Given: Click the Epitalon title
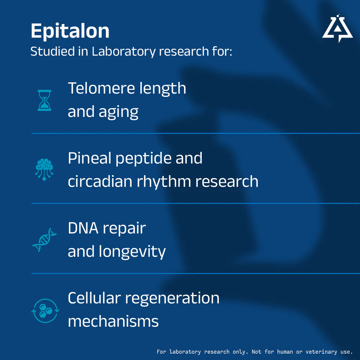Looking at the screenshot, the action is [x=70, y=31].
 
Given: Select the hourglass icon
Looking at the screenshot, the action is [x=45, y=100].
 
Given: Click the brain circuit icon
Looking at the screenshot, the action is [x=44, y=170].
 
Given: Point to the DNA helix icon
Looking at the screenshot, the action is [x=44, y=240].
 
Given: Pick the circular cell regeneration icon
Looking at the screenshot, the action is [x=45, y=311].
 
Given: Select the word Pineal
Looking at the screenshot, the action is [x=90, y=158].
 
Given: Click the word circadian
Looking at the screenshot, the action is [x=100, y=181].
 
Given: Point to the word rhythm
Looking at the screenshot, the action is [x=164, y=181].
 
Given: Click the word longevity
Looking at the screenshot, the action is [x=132, y=252].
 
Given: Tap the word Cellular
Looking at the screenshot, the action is [x=94, y=298].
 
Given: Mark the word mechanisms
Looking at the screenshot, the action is [x=113, y=321].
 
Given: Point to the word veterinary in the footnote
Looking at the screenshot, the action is [x=321, y=352].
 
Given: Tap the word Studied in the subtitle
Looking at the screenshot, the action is [x=53, y=51].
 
